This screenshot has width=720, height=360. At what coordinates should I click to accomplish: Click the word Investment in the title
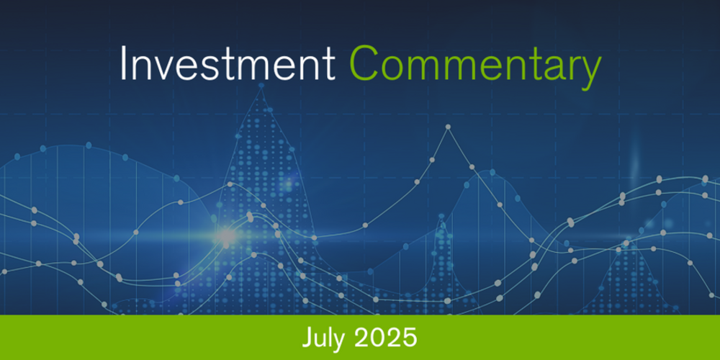[227, 65]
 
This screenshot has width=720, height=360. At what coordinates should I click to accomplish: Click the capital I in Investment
[124, 65]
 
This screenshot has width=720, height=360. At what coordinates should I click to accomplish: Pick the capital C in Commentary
[366, 65]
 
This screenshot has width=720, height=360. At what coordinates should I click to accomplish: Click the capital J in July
[307, 337]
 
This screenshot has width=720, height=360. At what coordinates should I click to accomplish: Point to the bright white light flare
[226, 235]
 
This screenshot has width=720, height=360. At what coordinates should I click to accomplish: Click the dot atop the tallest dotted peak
[261, 86]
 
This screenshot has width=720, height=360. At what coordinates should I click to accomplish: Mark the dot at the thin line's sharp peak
[448, 127]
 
